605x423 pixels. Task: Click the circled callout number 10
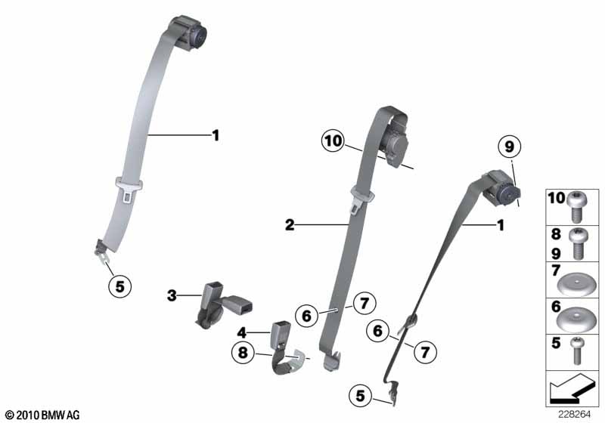click(x=333, y=141)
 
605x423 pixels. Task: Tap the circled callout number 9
click(x=509, y=147)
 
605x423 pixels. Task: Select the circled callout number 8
click(x=243, y=353)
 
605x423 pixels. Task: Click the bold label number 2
click(x=290, y=224)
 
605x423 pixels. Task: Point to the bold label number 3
click(x=172, y=296)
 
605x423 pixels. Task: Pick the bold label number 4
click(x=241, y=332)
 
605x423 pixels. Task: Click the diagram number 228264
click(x=574, y=415)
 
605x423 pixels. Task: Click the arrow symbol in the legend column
click(x=572, y=388)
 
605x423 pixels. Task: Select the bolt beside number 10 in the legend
click(x=576, y=206)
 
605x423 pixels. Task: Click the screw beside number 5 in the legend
click(x=577, y=350)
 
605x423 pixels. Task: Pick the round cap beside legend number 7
click(x=576, y=285)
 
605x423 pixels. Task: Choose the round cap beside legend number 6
click(x=576, y=320)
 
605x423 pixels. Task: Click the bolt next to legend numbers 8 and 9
click(x=579, y=243)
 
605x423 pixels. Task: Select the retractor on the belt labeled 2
click(x=394, y=143)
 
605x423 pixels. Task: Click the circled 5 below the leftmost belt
click(x=120, y=286)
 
